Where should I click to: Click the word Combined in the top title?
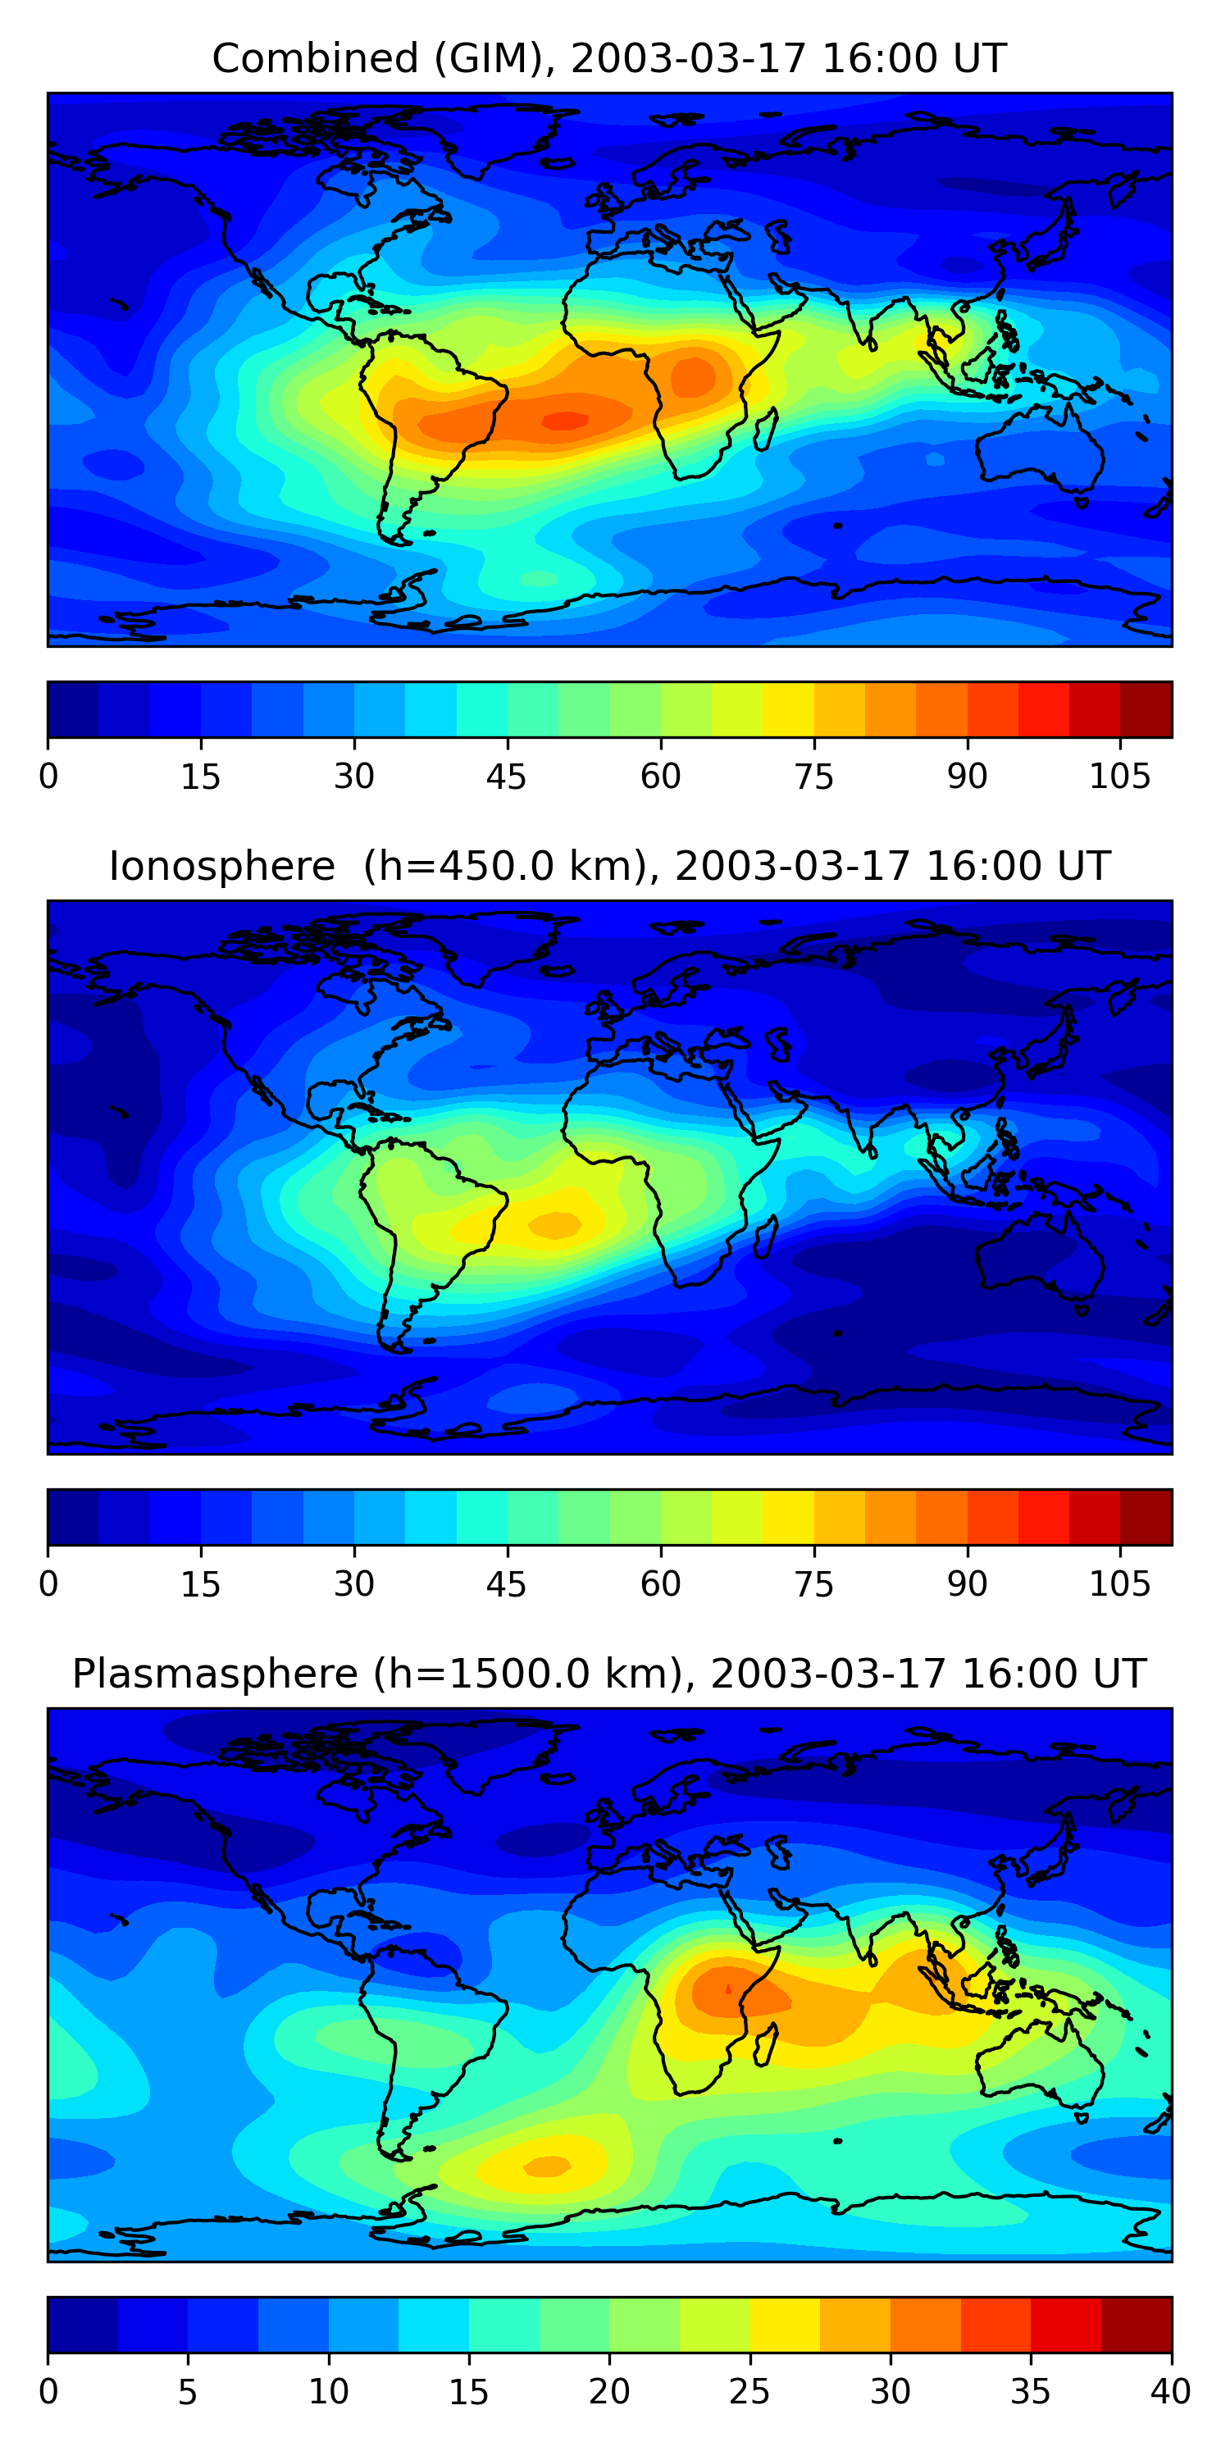(314, 58)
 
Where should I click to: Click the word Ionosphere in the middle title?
(221, 866)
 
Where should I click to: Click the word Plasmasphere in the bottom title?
(214, 1674)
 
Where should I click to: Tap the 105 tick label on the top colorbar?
(1119, 777)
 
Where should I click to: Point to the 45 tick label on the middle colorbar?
(506, 1584)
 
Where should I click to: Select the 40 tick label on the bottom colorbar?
(1170, 2392)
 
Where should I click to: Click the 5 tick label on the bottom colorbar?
(187, 2392)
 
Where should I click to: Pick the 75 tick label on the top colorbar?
(813, 777)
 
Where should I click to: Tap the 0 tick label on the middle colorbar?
(48, 1584)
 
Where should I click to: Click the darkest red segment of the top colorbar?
(1146, 709)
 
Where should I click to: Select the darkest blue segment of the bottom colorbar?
(82, 2325)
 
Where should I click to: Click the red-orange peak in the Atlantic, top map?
(564, 420)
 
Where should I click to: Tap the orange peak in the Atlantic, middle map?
(555, 1224)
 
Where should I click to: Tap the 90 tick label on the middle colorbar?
(967, 1584)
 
